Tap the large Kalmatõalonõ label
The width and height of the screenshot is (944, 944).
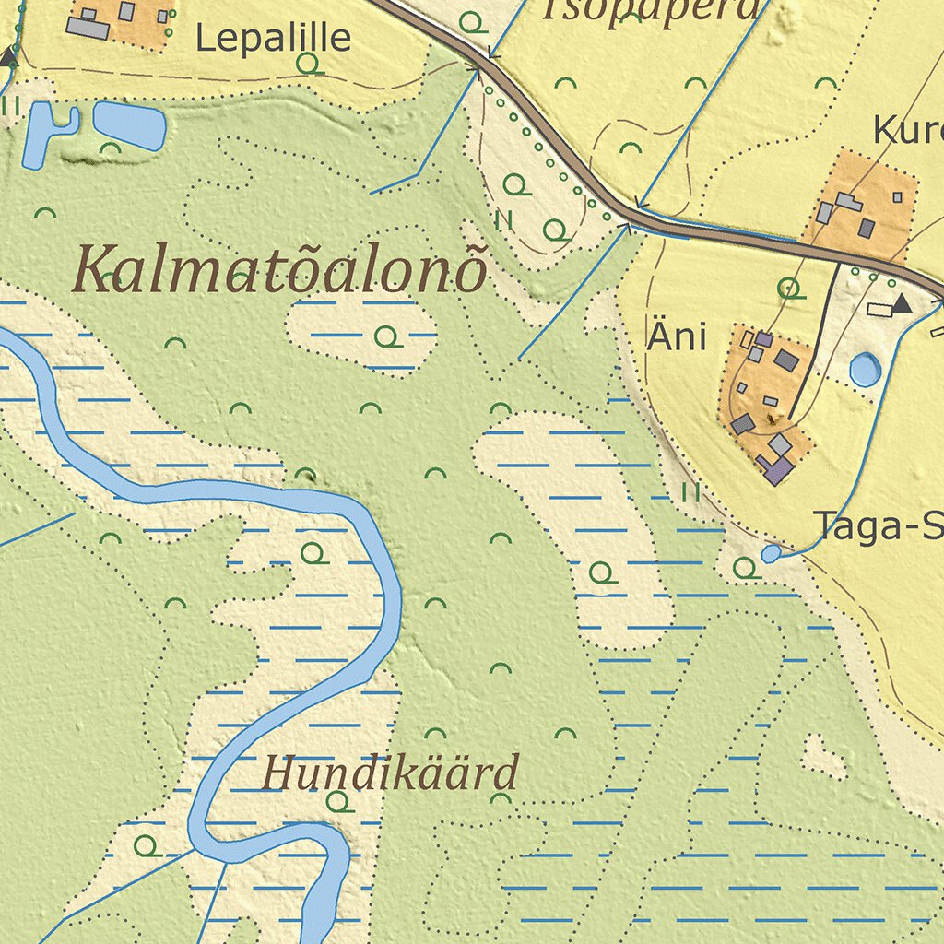[279, 269]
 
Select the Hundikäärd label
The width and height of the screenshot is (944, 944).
[389, 773]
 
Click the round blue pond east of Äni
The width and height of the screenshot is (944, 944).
[865, 370]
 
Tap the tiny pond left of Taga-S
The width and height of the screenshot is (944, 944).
[771, 553]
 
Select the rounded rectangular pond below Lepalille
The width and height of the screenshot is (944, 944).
[129, 125]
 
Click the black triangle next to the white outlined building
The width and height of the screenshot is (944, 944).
[901, 302]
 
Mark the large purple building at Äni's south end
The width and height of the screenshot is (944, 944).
[778, 470]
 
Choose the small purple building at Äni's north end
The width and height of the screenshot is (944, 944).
[763, 339]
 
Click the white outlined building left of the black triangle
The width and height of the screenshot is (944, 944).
[879, 309]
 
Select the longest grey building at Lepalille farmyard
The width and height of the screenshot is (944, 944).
[88, 29]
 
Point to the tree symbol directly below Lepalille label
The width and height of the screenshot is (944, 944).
[309, 64]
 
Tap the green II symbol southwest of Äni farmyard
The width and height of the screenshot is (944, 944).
[690, 493]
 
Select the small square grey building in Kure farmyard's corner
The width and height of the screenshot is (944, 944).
[897, 196]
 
